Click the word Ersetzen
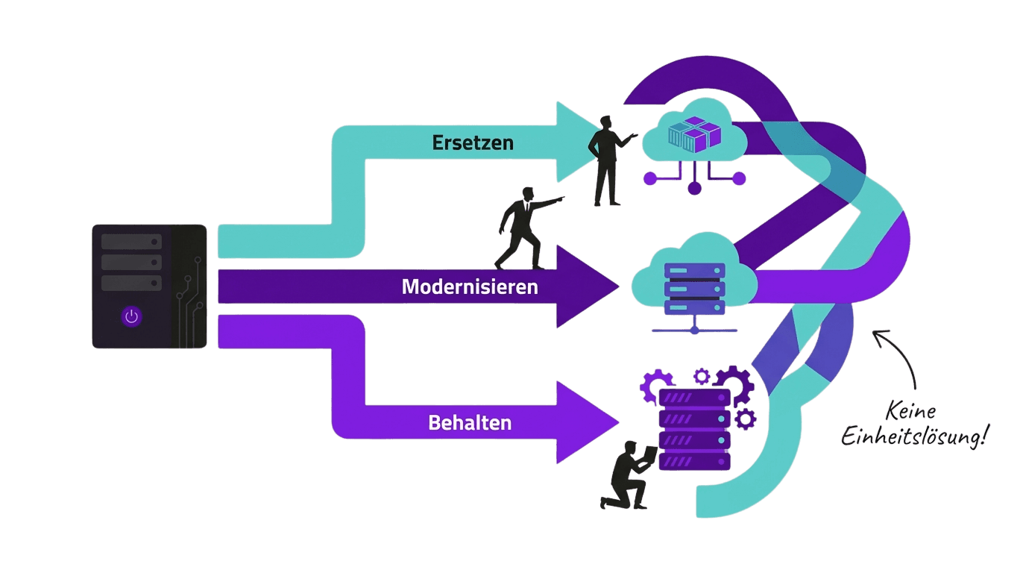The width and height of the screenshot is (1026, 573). (x=473, y=143)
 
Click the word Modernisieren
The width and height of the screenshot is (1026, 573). (x=470, y=286)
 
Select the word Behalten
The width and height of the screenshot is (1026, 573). (x=470, y=423)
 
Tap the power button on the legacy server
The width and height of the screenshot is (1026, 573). (x=132, y=316)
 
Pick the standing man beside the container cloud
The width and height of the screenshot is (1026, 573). (x=608, y=160)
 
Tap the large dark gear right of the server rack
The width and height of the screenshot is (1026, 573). (x=734, y=384)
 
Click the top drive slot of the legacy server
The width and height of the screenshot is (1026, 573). (x=131, y=242)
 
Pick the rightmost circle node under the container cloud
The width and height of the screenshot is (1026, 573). (x=739, y=178)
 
